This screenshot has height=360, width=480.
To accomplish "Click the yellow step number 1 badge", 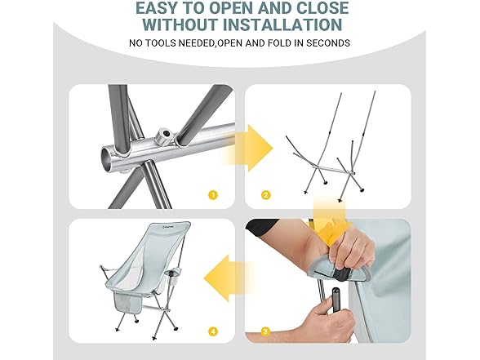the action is pyautogui.click(x=213, y=195).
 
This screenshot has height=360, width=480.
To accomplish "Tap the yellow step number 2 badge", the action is pyautogui.click(x=266, y=195).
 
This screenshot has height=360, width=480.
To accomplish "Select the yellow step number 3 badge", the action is pyautogui.click(x=266, y=331).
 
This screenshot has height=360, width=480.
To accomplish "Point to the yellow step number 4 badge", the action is pyautogui.click(x=213, y=331).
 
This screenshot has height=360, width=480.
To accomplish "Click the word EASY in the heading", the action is pyautogui.click(x=159, y=7).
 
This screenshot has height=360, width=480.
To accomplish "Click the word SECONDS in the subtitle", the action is pyautogui.click(x=328, y=42).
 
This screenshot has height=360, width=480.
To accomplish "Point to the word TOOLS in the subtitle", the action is pyautogui.click(x=161, y=42).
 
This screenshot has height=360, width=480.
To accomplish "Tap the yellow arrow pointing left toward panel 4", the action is pyautogui.click(x=226, y=278).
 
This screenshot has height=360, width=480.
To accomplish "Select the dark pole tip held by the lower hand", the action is pyautogui.click(x=336, y=295).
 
